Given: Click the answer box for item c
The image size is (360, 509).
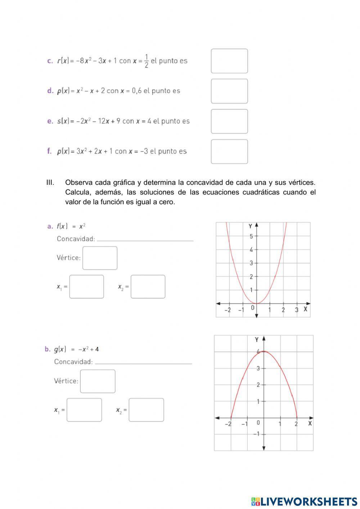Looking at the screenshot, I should click(229, 61).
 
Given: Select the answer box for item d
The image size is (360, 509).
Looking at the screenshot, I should click(229, 91).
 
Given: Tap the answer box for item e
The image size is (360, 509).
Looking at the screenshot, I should click(229, 121).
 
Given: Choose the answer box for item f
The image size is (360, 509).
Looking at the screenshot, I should click(229, 152).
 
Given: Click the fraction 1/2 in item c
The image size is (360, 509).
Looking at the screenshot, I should click(146, 61).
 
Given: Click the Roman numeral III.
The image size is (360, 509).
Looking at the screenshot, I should click(50, 183).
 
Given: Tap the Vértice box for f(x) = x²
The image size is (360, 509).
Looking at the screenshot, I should click(100, 258).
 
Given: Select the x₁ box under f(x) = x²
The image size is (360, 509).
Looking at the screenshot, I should click(86, 287).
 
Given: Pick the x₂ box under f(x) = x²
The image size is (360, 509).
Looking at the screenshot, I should click(148, 287).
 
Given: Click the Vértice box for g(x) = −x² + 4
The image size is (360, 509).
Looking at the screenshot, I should click(98, 381).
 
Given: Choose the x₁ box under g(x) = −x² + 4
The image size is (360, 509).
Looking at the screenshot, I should click(84, 410).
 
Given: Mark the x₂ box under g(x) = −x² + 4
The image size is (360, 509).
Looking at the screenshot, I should click(146, 410).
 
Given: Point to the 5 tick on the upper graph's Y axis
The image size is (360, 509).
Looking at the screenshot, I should click(252, 236).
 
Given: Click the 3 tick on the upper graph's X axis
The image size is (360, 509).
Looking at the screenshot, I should click(297, 310).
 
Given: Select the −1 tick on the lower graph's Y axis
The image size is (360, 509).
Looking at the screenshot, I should click(256, 434).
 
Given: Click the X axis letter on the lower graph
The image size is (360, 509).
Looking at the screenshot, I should click(310, 423).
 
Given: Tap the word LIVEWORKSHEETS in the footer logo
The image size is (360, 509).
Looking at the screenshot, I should click(309, 501).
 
